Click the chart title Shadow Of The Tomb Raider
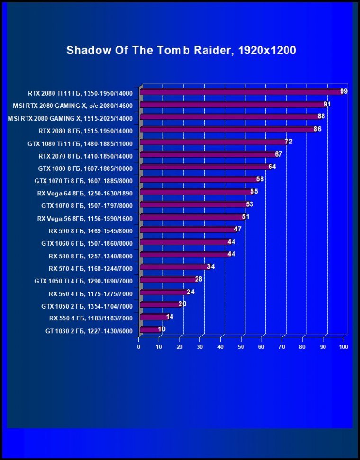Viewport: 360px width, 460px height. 181,50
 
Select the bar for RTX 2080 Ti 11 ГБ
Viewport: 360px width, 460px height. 241,92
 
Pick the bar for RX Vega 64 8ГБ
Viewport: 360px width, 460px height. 196,192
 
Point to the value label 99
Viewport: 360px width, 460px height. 344,91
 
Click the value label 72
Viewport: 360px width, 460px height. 288,142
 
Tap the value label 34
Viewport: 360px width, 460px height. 211,267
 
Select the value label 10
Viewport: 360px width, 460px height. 162,329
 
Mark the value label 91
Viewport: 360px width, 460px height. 327,104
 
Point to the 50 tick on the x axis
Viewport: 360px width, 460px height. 241,347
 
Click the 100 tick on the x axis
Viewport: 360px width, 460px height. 343,347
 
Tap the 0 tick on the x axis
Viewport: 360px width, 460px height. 139,347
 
